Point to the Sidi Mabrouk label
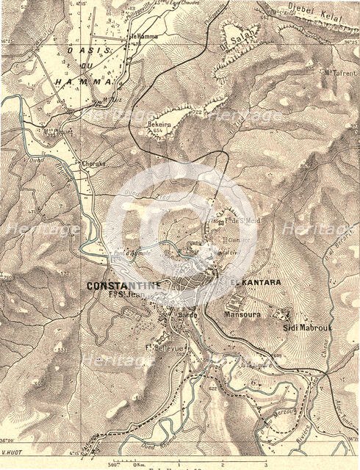(306, 328)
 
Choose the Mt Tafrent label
(339, 72)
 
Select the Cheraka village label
(94, 163)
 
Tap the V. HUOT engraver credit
(13, 458)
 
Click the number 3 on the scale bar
(265, 464)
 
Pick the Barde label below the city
(186, 316)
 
